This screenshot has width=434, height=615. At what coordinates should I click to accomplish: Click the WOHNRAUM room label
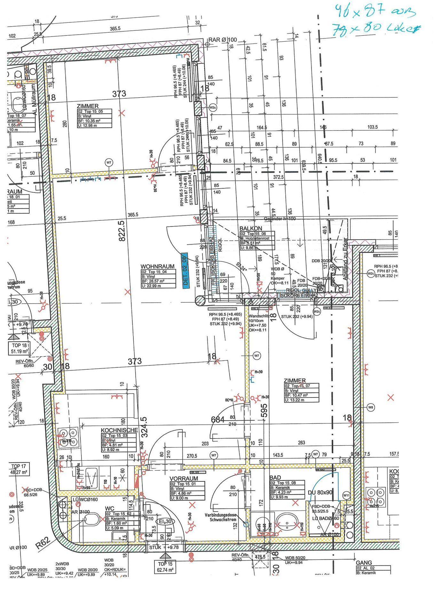pyautogui.click(x=157, y=266)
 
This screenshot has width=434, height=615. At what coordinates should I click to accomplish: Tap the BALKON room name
pyautogui.click(x=251, y=228)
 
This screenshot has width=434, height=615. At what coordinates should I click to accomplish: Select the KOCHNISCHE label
pyautogui.click(x=119, y=430)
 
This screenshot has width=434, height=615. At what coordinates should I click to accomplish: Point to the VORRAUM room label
pyautogui.click(x=184, y=479)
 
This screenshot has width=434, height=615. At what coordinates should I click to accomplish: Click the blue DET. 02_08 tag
pyautogui.click(x=185, y=271)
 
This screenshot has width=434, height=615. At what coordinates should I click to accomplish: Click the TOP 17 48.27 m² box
pyautogui.click(x=19, y=469)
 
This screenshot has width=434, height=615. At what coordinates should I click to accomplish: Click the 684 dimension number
pyautogui.click(x=217, y=419)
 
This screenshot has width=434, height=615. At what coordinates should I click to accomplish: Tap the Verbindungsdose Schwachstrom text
pyautogui.click(x=223, y=518)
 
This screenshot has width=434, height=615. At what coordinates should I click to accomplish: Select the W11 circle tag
pyautogui.click(x=346, y=495)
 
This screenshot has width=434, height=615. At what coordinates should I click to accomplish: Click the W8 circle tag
pyautogui.click(x=371, y=407)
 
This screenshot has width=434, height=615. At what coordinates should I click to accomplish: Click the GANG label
pyautogui.click(x=364, y=562)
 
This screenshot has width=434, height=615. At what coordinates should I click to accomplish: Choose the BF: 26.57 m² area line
pyautogui.click(x=154, y=281)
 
